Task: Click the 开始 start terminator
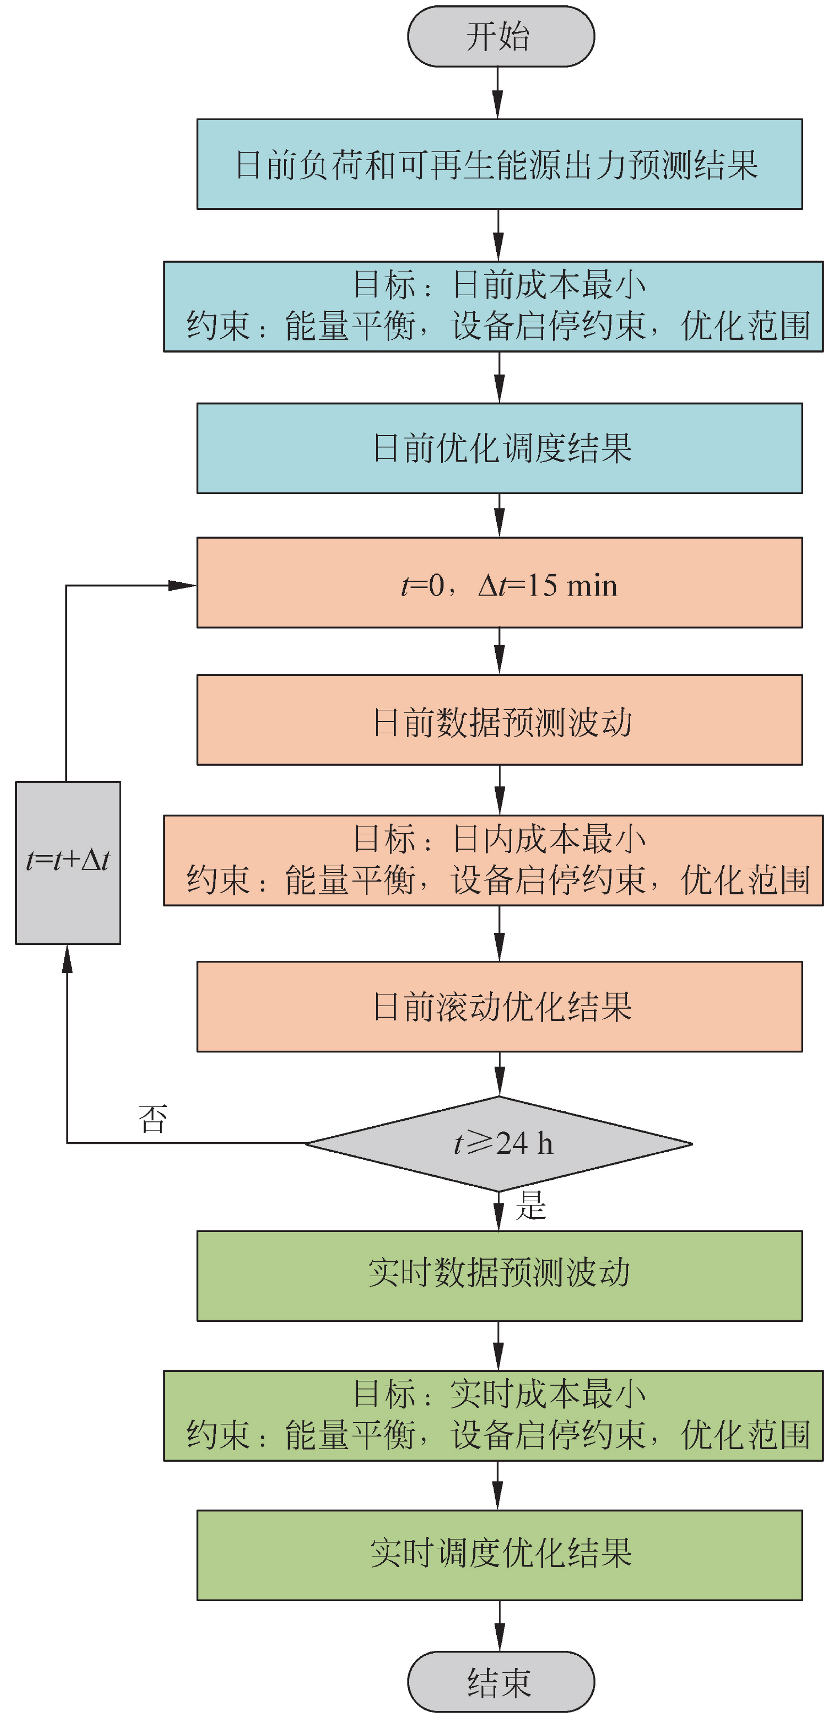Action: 500,37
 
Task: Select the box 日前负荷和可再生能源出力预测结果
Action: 499,164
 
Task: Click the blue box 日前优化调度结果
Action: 499,448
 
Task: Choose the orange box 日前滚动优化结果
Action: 499,1007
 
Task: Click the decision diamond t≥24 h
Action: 499,1143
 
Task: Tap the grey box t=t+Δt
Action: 68,862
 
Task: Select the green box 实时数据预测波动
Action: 499,1275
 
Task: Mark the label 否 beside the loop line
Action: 152,1118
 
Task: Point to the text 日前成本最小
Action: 548,285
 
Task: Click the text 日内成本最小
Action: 548,839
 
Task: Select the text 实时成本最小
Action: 548,1393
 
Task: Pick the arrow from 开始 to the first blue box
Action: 498,94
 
